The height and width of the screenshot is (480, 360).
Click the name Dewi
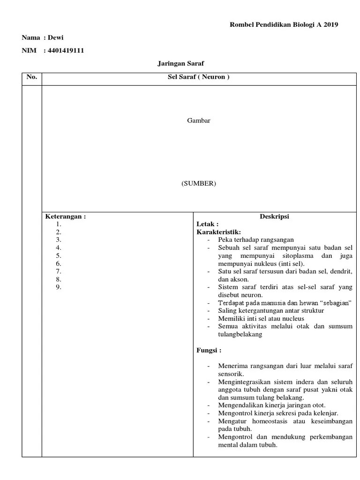56,38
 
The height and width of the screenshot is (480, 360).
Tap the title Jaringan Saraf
180,63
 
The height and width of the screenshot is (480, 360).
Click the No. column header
31,77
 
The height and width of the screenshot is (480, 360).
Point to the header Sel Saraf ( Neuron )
199,77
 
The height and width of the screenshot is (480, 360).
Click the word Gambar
199,120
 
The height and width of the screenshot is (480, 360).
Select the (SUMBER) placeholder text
199,184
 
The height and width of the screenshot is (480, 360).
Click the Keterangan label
65,217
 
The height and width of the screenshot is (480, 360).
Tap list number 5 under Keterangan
59,255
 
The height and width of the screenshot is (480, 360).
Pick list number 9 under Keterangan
59,287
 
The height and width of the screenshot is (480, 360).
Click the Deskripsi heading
274,217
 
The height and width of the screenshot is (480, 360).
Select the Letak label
207,224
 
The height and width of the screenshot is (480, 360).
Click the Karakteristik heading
218,232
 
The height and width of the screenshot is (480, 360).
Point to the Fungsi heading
209,350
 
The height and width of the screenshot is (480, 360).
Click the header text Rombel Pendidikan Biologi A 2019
284,25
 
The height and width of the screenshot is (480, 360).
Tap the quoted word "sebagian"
334,303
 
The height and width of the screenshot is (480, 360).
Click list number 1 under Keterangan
59,224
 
